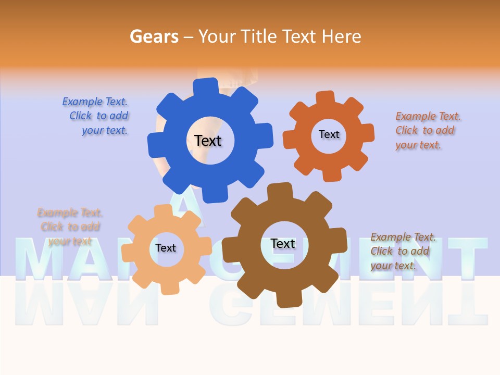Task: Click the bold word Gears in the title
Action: pyautogui.click(x=154, y=36)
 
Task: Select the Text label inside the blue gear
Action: pyautogui.click(x=208, y=141)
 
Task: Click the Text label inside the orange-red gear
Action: pyautogui.click(x=329, y=134)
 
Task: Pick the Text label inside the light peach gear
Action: pyautogui.click(x=165, y=248)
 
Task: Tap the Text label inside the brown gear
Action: pyautogui.click(x=283, y=244)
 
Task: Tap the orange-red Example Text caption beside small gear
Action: pyautogui.click(x=426, y=131)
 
